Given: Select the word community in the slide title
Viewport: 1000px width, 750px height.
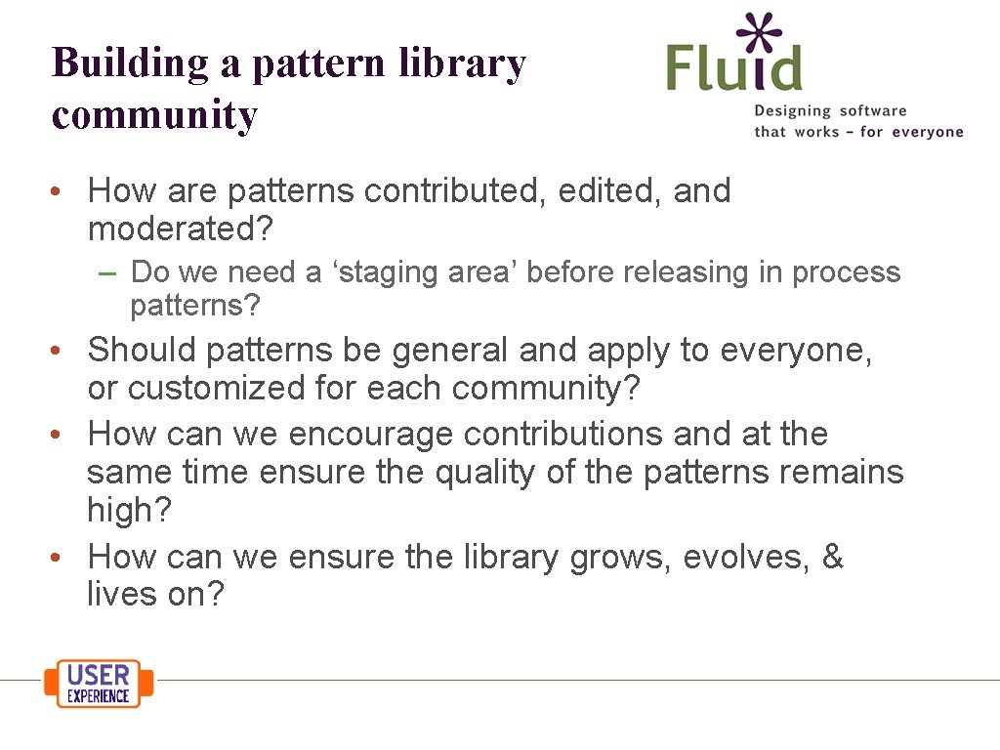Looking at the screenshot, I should tap(154, 115).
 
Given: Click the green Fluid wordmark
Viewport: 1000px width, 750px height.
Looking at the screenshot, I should tap(734, 67).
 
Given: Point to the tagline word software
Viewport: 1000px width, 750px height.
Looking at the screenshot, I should tap(872, 111).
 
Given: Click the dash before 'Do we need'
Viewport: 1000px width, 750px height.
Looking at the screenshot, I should tap(108, 272).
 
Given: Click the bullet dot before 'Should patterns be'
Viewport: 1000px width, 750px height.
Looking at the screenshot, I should tap(60, 351).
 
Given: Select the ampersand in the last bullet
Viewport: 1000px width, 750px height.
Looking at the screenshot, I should tap(832, 557).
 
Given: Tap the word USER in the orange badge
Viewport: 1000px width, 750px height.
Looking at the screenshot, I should tap(98, 675).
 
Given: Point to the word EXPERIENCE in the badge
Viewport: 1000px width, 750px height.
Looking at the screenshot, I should tap(98, 695).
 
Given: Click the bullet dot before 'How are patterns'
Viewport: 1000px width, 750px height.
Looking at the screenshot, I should tap(60, 191).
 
